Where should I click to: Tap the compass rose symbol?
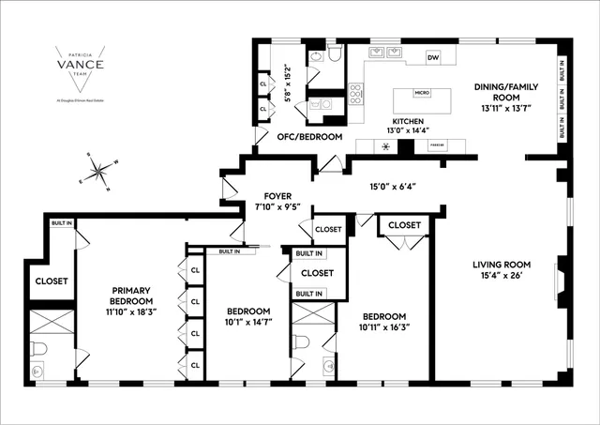(x=98, y=172)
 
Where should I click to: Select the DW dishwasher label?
(x=432, y=58)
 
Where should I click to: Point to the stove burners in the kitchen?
(x=357, y=95)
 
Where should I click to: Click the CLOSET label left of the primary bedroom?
(x=51, y=281)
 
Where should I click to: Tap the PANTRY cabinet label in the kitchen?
(x=436, y=145)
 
